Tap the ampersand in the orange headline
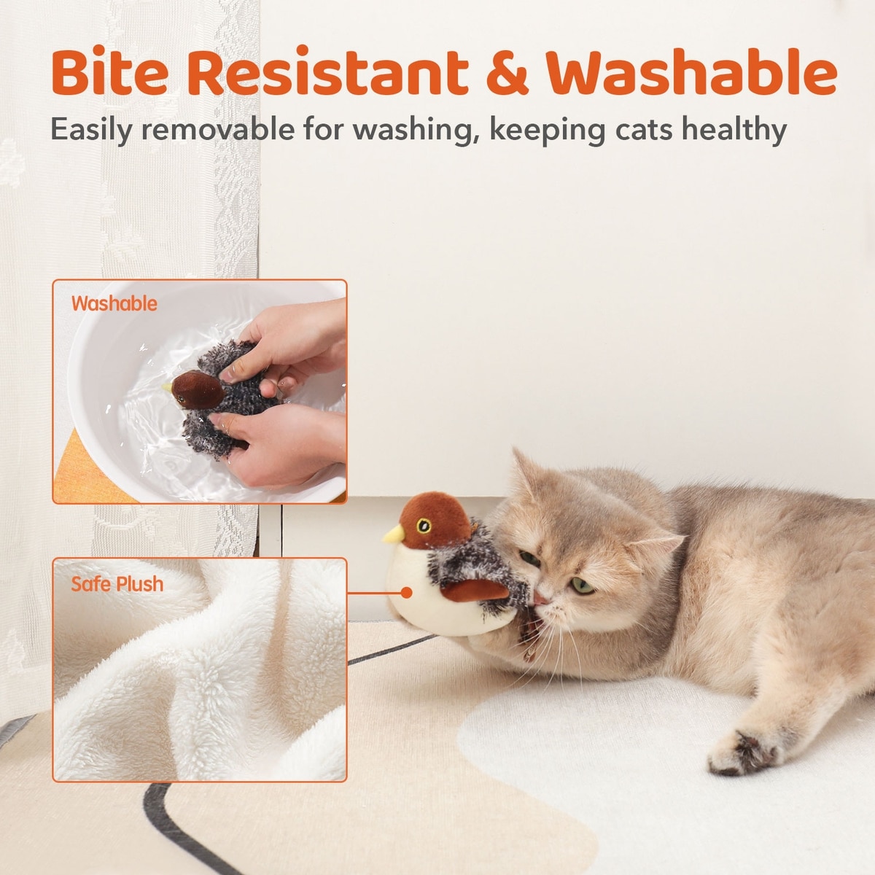click(507, 73)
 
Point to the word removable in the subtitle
click(218, 128)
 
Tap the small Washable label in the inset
click(114, 303)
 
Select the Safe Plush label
click(117, 584)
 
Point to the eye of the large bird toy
click(424, 526)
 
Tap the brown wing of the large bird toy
click(474, 591)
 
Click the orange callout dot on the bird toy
click(407, 593)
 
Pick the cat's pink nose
click(540, 599)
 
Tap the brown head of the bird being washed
click(197, 389)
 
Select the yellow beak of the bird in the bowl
click(167, 387)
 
